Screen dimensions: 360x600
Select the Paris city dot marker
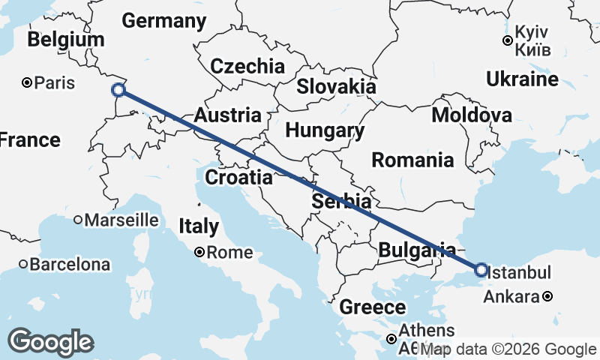click(x=27, y=82)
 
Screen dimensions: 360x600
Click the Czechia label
click(x=247, y=66)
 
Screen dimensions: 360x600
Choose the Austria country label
click(x=228, y=115)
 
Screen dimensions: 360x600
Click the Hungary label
click(x=325, y=130)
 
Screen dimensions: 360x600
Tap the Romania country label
click(x=412, y=160)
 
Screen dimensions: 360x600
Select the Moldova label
click(x=472, y=115)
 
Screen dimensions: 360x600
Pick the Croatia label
click(x=238, y=178)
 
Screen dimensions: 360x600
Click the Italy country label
click(x=199, y=226)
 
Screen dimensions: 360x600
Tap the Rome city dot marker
click(x=199, y=253)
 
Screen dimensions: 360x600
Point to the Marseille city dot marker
click(x=78, y=220)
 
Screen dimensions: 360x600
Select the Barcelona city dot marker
click(x=24, y=264)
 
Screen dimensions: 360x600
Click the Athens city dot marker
click(x=391, y=340)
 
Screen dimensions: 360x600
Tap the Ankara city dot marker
click(x=548, y=296)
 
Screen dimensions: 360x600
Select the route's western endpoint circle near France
click(x=118, y=90)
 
